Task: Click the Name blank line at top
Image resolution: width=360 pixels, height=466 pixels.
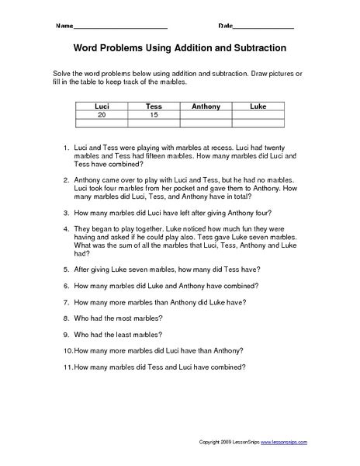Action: click(128, 27)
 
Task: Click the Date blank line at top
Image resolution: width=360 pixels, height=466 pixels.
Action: click(264, 27)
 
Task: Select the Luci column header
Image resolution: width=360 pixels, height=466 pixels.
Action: click(101, 106)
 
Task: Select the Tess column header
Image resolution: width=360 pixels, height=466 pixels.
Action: click(153, 106)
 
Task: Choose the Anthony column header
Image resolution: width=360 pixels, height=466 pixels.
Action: click(206, 106)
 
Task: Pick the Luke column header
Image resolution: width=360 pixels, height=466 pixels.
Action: click(258, 106)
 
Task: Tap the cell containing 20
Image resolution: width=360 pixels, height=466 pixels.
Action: click(101, 114)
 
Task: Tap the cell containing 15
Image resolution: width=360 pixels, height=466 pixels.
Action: click(153, 114)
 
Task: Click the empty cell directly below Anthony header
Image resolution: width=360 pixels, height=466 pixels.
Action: click(206, 114)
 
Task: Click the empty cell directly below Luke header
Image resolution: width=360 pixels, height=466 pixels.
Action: click(258, 114)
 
